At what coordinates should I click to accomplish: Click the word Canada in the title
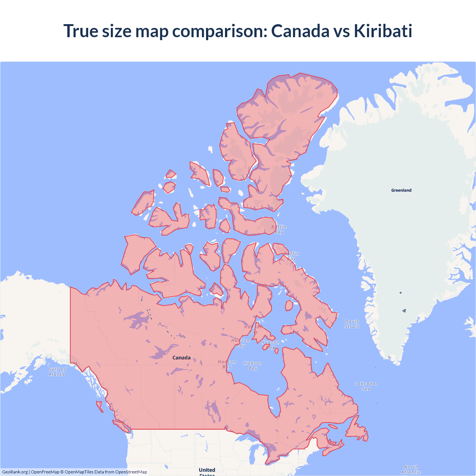coord(300,31)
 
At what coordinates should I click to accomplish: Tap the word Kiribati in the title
coord(383,31)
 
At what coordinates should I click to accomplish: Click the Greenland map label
coord(401,190)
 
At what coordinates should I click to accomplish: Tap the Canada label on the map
coord(181,358)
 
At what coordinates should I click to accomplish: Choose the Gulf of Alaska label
coord(57,372)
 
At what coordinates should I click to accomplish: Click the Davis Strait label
coord(352,324)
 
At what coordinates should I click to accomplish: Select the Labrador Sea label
coord(366,386)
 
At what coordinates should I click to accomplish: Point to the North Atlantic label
coord(411,469)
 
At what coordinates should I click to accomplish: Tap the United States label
coord(207,471)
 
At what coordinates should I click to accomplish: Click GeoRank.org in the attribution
coord(15,472)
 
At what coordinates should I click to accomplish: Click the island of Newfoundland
coord(356,430)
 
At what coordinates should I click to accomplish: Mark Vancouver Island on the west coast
coord(121,425)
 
